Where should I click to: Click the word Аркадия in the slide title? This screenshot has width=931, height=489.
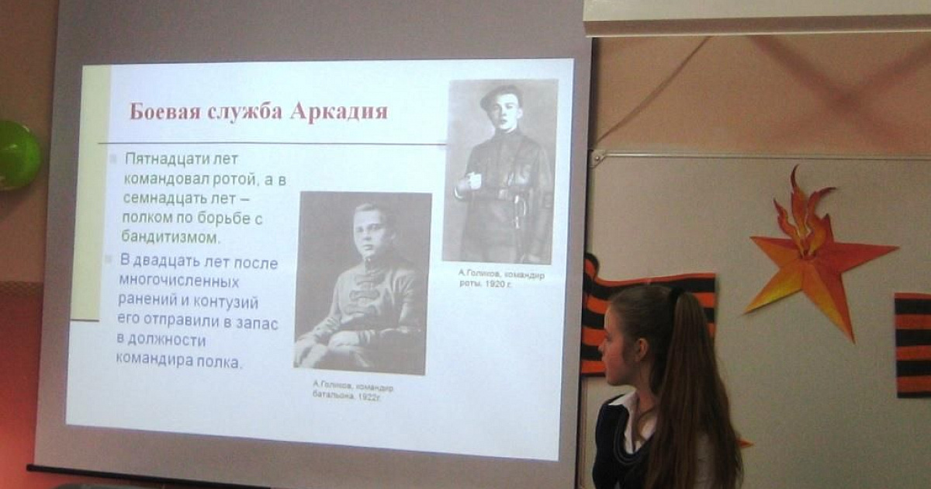tap(339, 112)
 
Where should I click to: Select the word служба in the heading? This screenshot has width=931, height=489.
tap(244, 113)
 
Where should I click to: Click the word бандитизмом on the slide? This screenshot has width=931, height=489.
tap(170, 238)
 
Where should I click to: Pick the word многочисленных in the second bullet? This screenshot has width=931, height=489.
tap(179, 281)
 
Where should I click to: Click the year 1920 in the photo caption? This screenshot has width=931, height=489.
tap(493, 284)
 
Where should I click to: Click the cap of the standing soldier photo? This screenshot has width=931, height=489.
tap(498, 95)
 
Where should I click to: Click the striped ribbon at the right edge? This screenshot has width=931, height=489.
tap(912, 345)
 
